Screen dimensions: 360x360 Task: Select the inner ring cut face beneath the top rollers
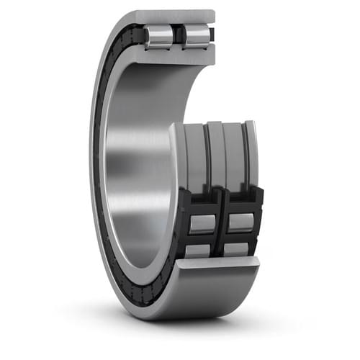tap(176, 56)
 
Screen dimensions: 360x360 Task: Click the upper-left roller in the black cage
tap(202, 223)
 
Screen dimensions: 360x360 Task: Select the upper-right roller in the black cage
tap(240, 222)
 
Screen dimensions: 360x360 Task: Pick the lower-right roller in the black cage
tap(237, 249)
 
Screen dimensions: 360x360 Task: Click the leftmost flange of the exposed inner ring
tap(177, 162)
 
